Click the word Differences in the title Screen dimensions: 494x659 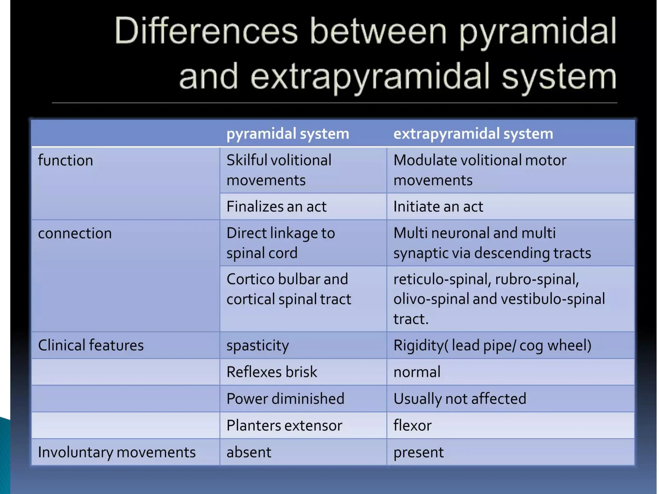(x=206, y=31)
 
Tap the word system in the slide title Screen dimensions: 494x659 (x=559, y=77)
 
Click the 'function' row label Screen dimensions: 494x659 (x=66, y=160)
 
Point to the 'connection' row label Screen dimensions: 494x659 (x=75, y=233)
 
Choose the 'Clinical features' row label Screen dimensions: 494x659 (x=91, y=345)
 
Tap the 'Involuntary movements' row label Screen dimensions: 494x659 (x=117, y=452)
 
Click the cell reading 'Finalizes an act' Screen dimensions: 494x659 (x=276, y=206)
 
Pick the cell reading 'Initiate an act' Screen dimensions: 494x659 (x=438, y=206)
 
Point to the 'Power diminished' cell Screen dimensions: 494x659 (x=285, y=399)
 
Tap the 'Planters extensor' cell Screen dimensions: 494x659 (x=284, y=425)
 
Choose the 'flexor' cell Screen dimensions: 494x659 (x=412, y=425)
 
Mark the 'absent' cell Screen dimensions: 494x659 (x=249, y=452)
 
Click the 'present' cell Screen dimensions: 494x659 (x=418, y=452)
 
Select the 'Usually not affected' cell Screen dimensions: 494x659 (x=460, y=399)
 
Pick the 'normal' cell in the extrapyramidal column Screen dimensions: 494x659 (x=417, y=372)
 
